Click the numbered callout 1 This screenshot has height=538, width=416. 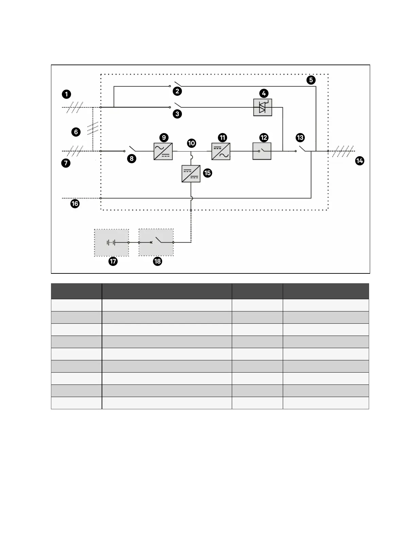coord(67,94)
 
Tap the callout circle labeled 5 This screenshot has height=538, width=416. coord(311,80)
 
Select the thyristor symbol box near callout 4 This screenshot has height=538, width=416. coord(263,107)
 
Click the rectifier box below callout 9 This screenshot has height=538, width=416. coord(163,151)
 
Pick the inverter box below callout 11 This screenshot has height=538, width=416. coord(221,151)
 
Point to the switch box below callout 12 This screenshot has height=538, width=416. coord(262,151)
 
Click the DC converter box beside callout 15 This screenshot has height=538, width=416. coord(191,174)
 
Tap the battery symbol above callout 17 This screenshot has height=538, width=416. coord(111,243)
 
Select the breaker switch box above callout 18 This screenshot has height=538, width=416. coord(156,242)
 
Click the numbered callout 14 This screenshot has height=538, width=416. coord(359,161)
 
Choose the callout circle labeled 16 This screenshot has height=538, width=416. coord(75,204)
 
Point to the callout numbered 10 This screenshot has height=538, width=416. coord(191,143)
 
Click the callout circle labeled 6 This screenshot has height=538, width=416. coord(76,132)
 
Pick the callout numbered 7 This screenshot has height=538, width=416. coord(66,163)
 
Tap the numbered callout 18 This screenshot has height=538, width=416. coord(157,261)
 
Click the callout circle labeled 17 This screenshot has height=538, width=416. coord(113,261)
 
